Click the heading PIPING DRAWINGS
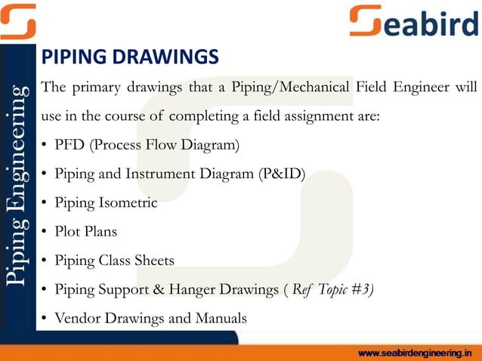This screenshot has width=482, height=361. click(x=130, y=57)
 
